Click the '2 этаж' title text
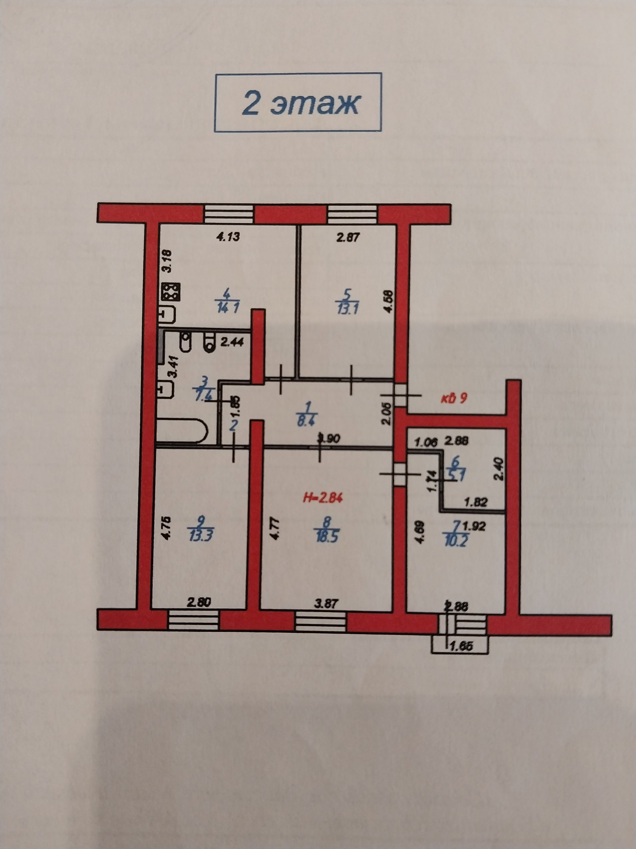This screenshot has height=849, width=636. point(300,103)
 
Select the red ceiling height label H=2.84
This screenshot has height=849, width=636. point(322,498)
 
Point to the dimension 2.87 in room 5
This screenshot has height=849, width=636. point(348,237)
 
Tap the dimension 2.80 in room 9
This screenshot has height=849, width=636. point(198,602)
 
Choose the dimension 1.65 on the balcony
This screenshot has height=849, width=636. point(461,646)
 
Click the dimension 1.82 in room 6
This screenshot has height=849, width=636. point(475,502)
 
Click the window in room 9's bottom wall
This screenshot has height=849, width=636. point(193,620)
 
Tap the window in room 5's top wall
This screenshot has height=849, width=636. point(352,214)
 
